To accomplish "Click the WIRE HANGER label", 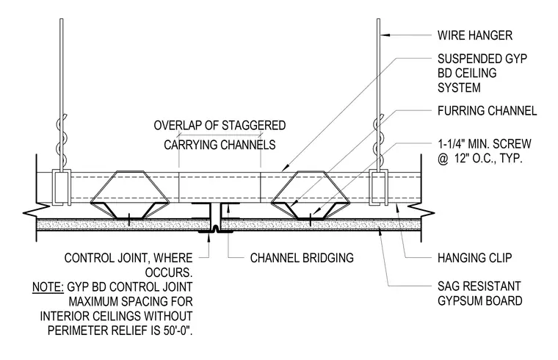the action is point(475,35).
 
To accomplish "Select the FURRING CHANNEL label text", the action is point(488,111).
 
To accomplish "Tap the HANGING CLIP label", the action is point(475,257).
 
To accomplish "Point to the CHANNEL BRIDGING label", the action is point(302,258).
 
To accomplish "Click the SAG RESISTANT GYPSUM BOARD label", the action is point(479,293).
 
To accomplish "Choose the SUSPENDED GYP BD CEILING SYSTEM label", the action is point(482,73).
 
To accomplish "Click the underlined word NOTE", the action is point(48,287).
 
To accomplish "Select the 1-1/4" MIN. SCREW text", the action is point(485,144).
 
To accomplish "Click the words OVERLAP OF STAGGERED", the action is point(220,126).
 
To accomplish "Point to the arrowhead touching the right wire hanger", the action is point(385,35).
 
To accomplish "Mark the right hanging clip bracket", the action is point(378,187).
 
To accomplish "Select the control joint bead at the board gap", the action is point(216,229).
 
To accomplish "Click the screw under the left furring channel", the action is point(128,218).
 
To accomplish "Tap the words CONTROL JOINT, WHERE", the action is point(128,258).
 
